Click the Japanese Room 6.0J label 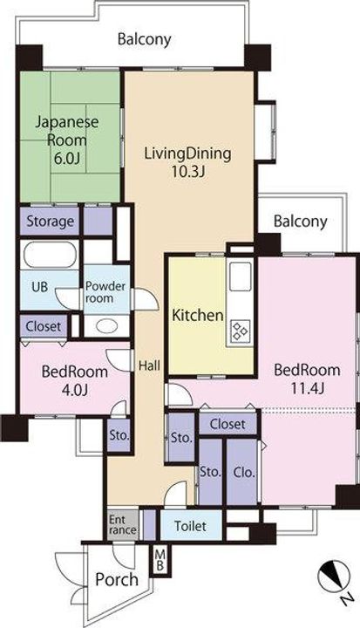point(66,140)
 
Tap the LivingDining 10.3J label point(187,162)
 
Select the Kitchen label point(197,315)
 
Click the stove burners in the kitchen point(240,331)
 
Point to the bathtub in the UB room point(50,255)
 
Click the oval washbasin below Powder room point(106,326)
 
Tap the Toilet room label point(191,526)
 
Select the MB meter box point(160,560)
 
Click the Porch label point(117,579)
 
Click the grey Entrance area point(123,525)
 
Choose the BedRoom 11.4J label point(307,379)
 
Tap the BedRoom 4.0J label point(75,380)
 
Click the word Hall point(150,365)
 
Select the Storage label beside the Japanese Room point(51,221)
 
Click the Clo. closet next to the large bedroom point(244,473)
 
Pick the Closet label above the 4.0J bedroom point(44,326)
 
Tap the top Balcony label point(144,39)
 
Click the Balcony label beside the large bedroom point(301,221)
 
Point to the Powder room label point(106,292)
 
